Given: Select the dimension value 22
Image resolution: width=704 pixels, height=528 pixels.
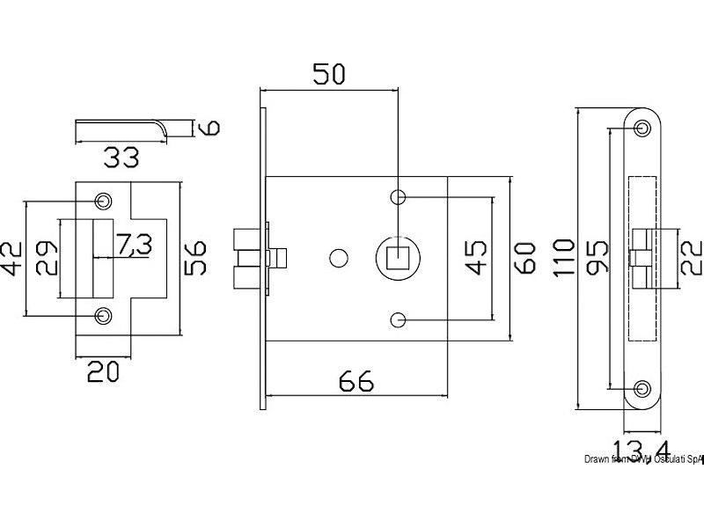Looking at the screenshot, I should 689,256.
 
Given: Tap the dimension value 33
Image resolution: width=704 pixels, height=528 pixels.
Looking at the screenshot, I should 121,158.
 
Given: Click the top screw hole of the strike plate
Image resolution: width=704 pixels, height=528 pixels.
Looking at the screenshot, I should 105,201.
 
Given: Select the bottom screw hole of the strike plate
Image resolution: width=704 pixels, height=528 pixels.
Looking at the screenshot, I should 105,314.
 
